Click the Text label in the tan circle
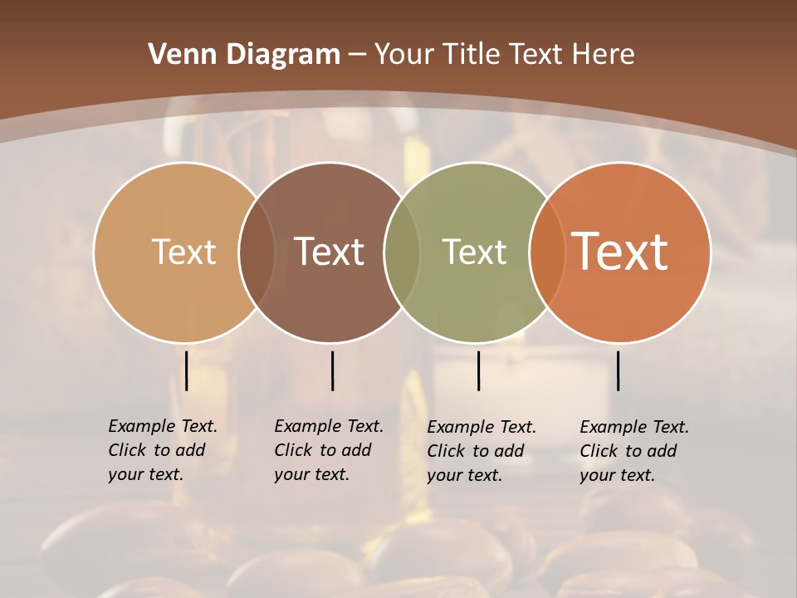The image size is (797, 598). (183, 252)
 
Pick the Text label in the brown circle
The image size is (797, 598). (329, 252)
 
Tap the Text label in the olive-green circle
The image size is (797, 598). (474, 252)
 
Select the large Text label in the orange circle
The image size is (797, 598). (619, 252)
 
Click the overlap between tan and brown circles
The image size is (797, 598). (257, 252)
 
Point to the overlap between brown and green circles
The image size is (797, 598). (402, 252)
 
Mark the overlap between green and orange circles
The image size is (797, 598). (547, 252)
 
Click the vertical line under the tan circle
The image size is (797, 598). (187, 370)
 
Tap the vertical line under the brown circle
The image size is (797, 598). (332, 370)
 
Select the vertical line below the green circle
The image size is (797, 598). (478, 370)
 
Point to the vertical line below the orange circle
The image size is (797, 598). (619, 370)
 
